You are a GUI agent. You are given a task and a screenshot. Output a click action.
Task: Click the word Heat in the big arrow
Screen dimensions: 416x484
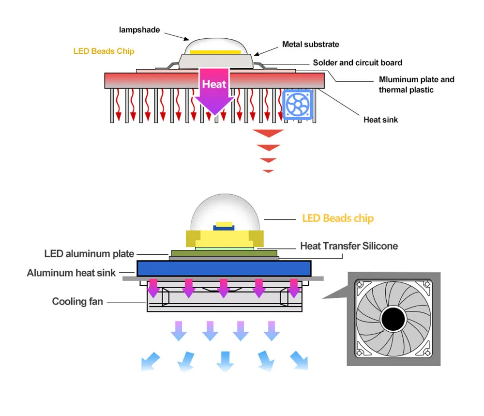point(214,84)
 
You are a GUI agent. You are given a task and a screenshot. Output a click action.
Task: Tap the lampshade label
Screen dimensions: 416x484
point(139,30)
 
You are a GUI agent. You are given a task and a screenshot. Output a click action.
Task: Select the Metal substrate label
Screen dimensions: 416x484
point(310,45)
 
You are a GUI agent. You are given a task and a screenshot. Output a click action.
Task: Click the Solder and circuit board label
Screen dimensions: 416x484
point(357,62)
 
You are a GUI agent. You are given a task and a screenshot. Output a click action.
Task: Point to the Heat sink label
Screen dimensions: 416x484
point(380,120)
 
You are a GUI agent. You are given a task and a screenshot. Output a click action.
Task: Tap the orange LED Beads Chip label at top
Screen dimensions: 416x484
point(104,51)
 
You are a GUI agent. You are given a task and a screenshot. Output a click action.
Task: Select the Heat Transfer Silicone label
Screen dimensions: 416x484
point(349,246)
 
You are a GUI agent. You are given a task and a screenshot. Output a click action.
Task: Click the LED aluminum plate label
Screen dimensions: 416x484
point(89,254)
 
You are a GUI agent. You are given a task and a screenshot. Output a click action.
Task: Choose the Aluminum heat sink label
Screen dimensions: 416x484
point(71,273)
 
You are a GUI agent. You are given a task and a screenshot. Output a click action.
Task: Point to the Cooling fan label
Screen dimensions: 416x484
point(77,302)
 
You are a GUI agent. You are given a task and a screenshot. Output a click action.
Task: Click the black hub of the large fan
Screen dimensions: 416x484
point(393,319)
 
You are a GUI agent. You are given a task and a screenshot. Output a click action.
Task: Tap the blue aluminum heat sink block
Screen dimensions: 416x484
point(224,268)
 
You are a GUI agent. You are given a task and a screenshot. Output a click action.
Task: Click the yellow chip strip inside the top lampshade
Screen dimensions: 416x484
point(215,51)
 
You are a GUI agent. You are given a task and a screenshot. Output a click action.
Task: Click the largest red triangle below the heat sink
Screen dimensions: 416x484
point(268,133)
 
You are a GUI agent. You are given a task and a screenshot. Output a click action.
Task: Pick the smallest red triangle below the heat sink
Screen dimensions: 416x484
point(268,171)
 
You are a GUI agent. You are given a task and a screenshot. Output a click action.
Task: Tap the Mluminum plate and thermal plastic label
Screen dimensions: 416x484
point(416,84)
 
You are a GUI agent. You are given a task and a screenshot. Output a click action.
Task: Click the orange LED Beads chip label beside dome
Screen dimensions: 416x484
point(337,218)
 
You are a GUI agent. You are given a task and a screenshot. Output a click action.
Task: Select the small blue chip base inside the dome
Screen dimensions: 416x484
point(225,228)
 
